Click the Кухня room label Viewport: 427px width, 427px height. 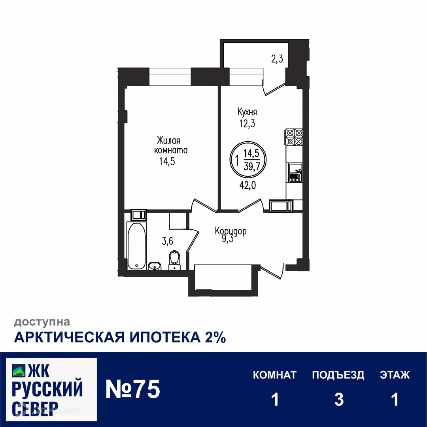247,111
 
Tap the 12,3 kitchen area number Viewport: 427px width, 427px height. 247,124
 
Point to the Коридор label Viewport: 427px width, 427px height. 231,231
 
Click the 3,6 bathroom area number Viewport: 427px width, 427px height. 168,240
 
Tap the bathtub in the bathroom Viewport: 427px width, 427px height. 136,246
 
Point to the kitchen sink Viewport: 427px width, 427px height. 295,173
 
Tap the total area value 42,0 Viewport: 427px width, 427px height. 248,185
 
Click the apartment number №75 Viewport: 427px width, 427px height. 133,390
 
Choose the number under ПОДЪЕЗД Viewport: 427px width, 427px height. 338,400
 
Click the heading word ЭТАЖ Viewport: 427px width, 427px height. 395,375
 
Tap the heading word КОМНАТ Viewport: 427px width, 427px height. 275,375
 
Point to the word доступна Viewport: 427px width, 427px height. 42,323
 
